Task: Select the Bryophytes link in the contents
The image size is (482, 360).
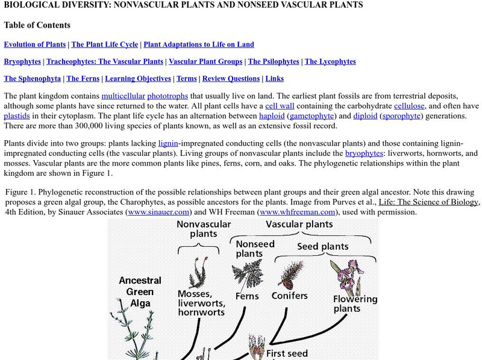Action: (x=22, y=61)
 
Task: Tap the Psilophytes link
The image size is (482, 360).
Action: (x=274, y=61)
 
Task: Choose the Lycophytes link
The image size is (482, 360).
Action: (x=330, y=61)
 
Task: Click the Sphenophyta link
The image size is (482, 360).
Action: (x=33, y=78)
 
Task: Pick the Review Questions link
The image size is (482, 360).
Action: (x=231, y=78)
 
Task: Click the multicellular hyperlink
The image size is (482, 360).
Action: (x=124, y=96)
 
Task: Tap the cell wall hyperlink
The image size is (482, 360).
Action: (x=279, y=106)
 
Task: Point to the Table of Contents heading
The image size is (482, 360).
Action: (x=37, y=25)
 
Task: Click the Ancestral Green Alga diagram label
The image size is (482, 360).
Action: (x=140, y=291)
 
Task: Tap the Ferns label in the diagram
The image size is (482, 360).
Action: (x=247, y=296)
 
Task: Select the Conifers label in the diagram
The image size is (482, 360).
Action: (x=289, y=296)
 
